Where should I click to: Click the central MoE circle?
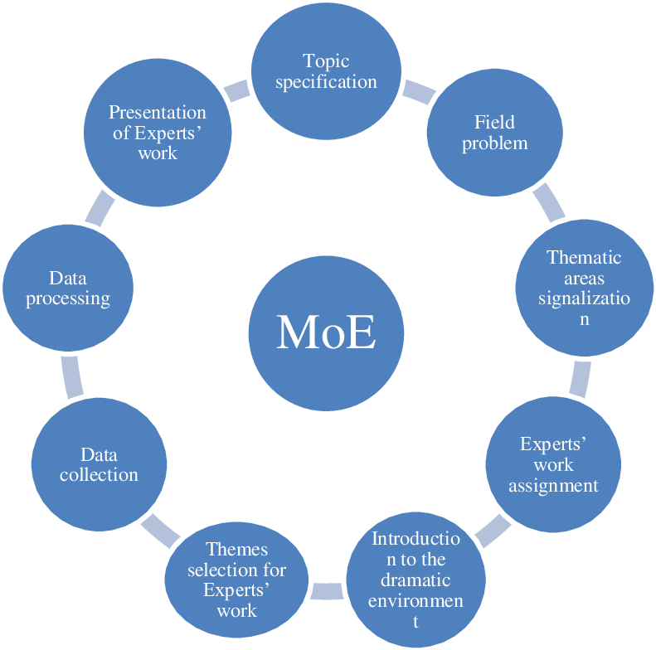[326, 332]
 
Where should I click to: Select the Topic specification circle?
[326, 71]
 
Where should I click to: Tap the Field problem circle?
[494, 133]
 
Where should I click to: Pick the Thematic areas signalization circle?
[585, 288]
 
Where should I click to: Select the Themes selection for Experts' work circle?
[236, 580]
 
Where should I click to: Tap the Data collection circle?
[99, 464]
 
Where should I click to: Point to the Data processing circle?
[68, 288]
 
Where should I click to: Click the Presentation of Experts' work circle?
[157, 133]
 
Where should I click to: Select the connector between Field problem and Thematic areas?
[548, 203]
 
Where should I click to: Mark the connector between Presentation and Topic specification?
[236, 90]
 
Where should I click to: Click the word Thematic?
[585, 257]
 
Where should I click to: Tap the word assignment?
[553, 485]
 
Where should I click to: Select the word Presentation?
[158, 112]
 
